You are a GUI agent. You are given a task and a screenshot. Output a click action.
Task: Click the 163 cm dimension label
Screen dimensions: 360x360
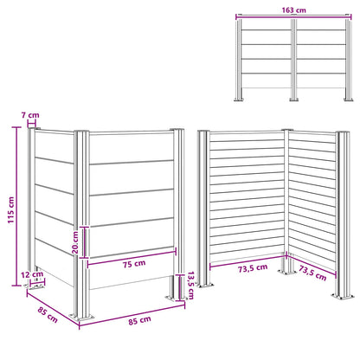point(293,10)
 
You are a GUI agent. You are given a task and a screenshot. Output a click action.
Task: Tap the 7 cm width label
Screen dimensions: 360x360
point(30,115)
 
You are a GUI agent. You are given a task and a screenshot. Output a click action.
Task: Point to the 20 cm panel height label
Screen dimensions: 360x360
point(75,242)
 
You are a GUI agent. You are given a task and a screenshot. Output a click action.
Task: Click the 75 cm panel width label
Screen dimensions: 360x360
point(134,264)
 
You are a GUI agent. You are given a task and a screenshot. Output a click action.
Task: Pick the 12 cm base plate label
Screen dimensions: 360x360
point(32,274)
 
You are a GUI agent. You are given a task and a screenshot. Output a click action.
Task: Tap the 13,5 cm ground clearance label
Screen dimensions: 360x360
point(190,286)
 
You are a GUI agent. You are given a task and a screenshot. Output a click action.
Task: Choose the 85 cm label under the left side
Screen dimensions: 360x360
point(48,315)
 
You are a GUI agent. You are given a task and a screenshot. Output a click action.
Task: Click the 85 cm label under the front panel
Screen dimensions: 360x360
point(139,320)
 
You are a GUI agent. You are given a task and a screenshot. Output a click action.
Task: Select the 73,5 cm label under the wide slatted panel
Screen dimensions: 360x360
point(253,268)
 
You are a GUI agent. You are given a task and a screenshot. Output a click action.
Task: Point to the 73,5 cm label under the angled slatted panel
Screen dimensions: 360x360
point(312,273)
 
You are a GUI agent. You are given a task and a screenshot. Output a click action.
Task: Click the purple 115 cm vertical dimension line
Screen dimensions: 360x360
point(16,206)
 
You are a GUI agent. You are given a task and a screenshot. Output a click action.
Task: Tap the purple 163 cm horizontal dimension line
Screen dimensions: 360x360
point(293,16)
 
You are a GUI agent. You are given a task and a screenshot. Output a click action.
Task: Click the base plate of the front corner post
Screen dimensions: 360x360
point(82,318)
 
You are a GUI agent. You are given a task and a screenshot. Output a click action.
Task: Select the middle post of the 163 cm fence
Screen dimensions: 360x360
point(294,59)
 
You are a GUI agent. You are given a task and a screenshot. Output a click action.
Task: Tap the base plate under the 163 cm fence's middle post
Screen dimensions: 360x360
point(294,100)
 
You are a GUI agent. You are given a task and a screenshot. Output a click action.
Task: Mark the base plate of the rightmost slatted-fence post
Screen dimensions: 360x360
point(343,296)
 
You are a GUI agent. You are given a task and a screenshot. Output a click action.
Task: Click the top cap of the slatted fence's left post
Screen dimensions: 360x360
point(203,132)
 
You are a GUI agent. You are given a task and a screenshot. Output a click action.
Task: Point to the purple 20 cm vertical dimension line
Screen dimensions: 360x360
point(84,242)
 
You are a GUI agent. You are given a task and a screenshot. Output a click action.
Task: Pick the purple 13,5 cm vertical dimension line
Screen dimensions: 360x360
point(180,287)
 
